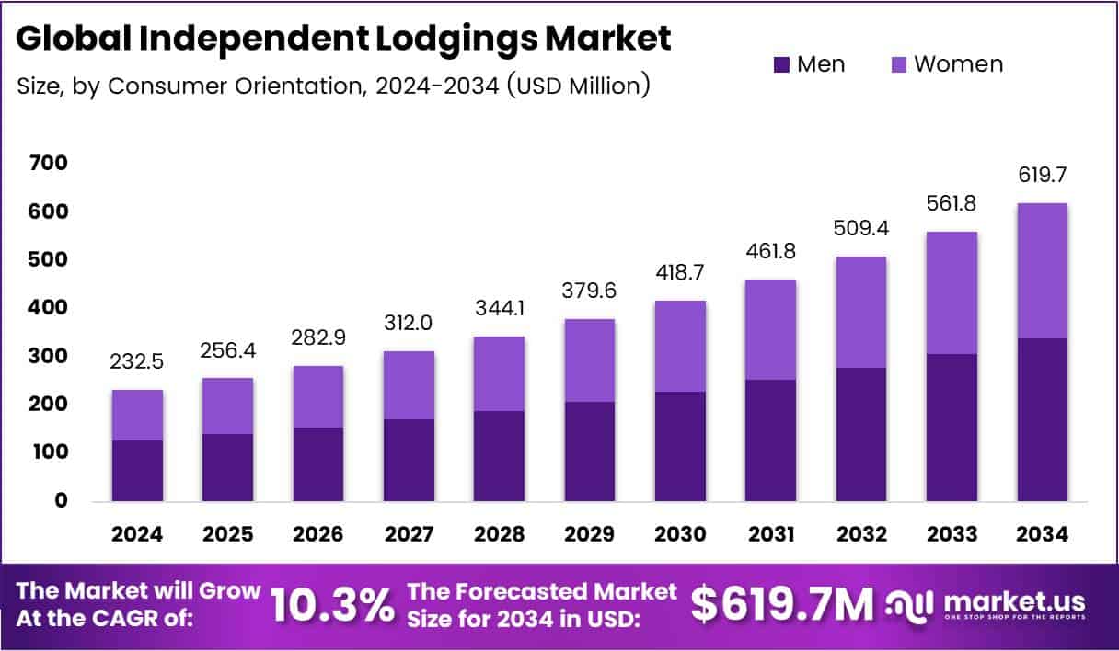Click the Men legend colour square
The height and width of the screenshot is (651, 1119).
[x=781, y=64]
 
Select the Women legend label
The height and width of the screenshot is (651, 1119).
[x=958, y=64]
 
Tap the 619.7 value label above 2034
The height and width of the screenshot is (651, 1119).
[x=1043, y=176]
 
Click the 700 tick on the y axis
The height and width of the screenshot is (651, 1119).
[x=48, y=164]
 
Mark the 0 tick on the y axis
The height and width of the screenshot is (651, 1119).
[x=61, y=501]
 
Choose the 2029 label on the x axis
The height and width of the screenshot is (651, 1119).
[x=589, y=535]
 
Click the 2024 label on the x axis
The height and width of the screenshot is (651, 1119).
[x=138, y=535]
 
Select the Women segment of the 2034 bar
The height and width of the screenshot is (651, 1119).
[x=1043, y=270]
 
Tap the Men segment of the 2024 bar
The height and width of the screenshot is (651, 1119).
[x=138, y=471]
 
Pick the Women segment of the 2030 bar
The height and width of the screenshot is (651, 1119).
[x=680, y=346]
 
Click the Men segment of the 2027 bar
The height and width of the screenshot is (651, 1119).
[x=409, y=460]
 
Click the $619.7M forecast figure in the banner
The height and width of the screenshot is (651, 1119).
[x=781, y=605]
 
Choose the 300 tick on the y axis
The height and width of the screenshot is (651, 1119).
[x=48, y=356]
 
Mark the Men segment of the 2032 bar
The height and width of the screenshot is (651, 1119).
[x=860, y=434]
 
